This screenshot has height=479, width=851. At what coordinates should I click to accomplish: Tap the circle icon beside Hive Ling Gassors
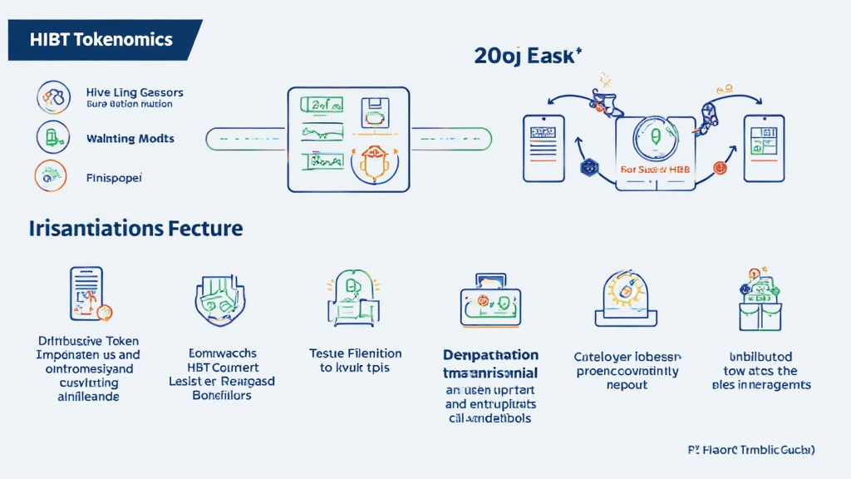[53, 97]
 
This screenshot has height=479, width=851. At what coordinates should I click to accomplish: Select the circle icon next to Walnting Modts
[52, 137]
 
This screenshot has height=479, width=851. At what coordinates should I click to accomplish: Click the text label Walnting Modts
[130, 138]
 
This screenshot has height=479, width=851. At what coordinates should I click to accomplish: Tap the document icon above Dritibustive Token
[86, 294]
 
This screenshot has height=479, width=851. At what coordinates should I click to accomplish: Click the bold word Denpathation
[490, 355]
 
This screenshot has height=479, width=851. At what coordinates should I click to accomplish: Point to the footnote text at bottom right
[751, 449]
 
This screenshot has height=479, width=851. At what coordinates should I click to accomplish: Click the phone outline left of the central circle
[544, 148]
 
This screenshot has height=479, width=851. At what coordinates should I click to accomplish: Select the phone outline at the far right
[763, 148]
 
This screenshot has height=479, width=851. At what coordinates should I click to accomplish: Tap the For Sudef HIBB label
[656, 169]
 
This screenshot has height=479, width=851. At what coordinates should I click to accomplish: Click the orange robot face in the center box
[376, 160]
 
